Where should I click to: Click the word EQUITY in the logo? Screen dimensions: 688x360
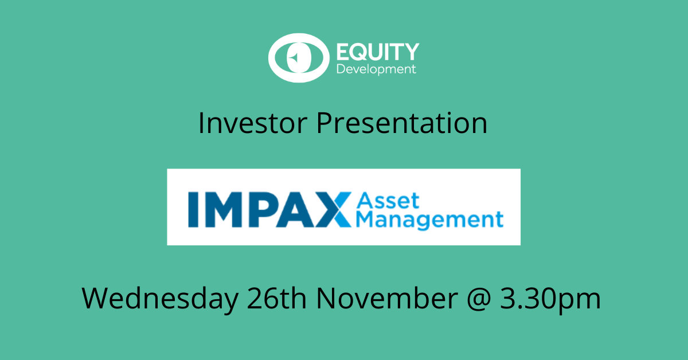(378, 52)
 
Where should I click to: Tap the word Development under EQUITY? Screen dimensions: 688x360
(376, 69)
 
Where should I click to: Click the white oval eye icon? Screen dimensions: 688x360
(299, 58)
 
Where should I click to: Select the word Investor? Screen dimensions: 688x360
(253, 123)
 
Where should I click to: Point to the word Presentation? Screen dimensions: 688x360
(402, 123)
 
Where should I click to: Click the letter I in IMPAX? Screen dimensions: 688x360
(193, 209)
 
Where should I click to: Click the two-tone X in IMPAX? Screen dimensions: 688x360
(333, 209)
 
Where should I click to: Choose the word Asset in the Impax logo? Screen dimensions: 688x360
(388, 201)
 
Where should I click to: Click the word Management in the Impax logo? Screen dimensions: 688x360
(429, 220)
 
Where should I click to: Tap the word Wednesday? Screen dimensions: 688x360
(160, 298)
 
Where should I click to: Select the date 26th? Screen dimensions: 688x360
(277, 298)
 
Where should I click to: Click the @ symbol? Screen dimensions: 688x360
(479, 299)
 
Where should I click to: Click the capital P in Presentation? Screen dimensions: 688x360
(325, 123)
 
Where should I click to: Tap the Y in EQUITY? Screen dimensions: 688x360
(411, 52)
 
